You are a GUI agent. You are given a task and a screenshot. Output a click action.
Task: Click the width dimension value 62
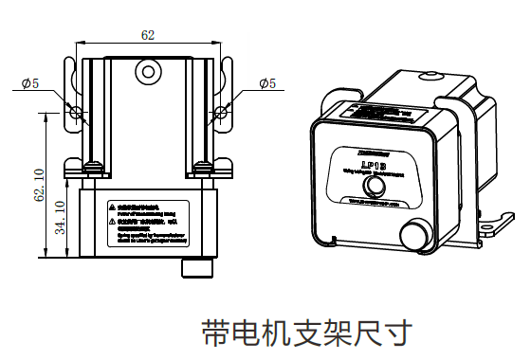point(148,35)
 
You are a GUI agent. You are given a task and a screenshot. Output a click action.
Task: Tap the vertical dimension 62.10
point(39,185)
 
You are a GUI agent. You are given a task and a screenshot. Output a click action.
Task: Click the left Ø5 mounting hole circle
point(77,113)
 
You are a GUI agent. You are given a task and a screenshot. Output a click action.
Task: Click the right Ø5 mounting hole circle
point(221,113)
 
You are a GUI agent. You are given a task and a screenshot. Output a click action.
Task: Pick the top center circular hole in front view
point(147,71)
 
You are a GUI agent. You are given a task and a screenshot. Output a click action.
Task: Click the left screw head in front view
point(93,168)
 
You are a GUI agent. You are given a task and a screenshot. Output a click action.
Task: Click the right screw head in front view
point(204,168)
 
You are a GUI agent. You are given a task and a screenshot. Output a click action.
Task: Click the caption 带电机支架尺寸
point(308,333)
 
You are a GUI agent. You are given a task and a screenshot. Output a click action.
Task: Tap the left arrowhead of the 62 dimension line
point(83,44)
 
